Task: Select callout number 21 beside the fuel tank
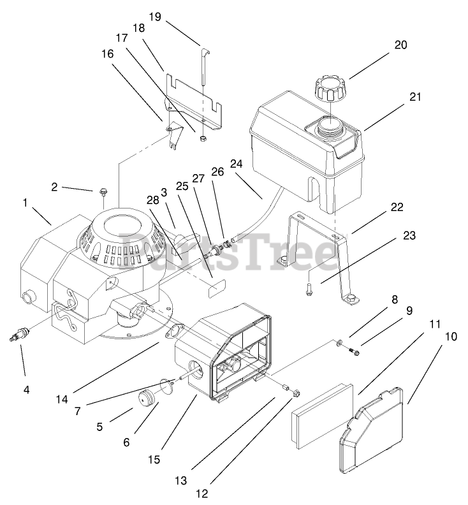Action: [416, 97]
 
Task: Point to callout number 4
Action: [26, 389]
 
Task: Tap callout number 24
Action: [237, 163]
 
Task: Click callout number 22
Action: [397, 207]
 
